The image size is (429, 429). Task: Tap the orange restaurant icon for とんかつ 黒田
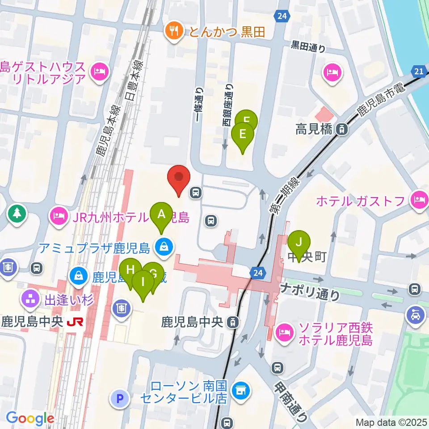coord(173,31)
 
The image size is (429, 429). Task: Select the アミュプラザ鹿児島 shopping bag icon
coord(164,246)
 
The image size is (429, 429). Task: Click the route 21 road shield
coord(419,71)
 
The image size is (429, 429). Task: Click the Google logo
coord(30,418)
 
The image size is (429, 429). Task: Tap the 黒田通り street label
coord(308,46)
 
